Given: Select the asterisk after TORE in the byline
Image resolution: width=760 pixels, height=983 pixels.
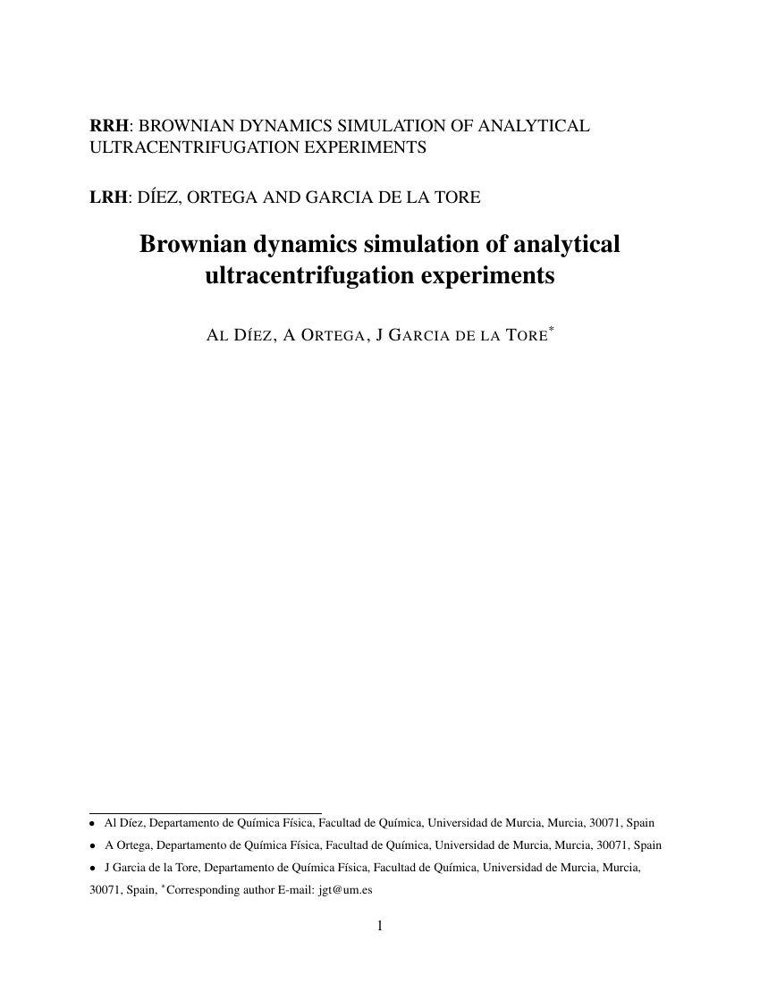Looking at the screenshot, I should click(x=552, y=331).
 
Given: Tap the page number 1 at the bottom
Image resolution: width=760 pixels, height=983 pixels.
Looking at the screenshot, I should click(x=380, y=926).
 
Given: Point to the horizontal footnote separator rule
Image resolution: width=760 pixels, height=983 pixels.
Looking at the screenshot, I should click(x=206, y=813).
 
